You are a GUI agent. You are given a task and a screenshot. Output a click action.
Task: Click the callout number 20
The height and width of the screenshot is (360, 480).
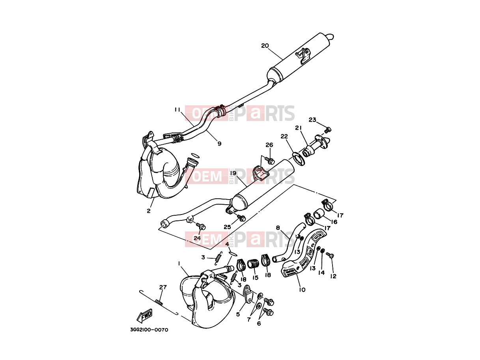pos(265,46)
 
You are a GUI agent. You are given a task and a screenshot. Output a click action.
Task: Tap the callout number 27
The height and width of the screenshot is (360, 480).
pos(163,287)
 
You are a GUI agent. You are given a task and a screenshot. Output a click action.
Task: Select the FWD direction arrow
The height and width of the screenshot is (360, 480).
pos(144,315)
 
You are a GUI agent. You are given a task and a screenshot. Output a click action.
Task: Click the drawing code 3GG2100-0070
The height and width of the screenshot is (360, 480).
pos(149,330)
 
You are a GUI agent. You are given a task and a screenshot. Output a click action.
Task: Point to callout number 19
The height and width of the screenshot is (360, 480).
pos(233,173)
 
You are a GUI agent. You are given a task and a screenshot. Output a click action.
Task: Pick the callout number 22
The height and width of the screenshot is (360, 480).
pos(284,136)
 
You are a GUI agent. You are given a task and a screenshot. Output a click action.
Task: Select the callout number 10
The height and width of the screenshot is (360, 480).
pos(302,290)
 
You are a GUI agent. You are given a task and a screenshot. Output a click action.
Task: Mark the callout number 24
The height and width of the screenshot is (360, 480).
pos(197,238)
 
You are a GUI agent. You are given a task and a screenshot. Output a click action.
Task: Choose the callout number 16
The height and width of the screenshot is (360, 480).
pos(334,222)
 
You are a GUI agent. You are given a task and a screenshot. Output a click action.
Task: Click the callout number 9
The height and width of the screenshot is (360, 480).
pos(219,144)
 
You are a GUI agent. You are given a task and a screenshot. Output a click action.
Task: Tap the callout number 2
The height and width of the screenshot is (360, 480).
pos(149,211)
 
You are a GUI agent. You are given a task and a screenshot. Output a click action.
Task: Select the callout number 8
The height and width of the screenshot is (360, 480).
pos(278,228)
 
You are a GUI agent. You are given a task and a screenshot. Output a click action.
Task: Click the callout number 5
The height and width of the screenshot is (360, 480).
pos(238,314)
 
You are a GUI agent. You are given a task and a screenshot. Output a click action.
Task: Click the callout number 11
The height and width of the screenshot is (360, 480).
pos(177,109)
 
